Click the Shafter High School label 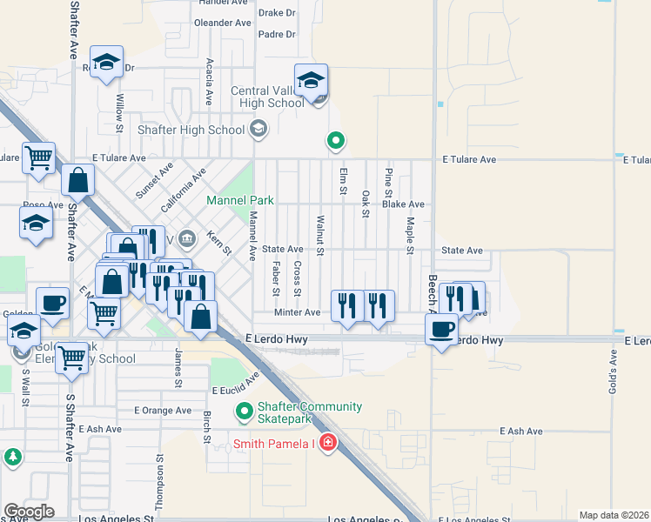pos(191,130)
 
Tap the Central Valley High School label pos(267,97)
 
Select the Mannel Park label pos(239,200)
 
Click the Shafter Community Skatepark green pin pos(245,410)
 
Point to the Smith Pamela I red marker pos(327,444)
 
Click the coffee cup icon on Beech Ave pos(442,329)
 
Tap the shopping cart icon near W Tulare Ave pos(38,158)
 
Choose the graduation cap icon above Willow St pos(107,62)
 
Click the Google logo pos(29,512)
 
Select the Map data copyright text pos(614,515)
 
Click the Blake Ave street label pos(403,204)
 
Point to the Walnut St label pos(320,236)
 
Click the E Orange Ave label pos(163,410)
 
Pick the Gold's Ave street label pos(613,377)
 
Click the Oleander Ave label pos(222,23)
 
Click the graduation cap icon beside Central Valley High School pos(311,80)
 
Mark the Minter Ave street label pos(298,312)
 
